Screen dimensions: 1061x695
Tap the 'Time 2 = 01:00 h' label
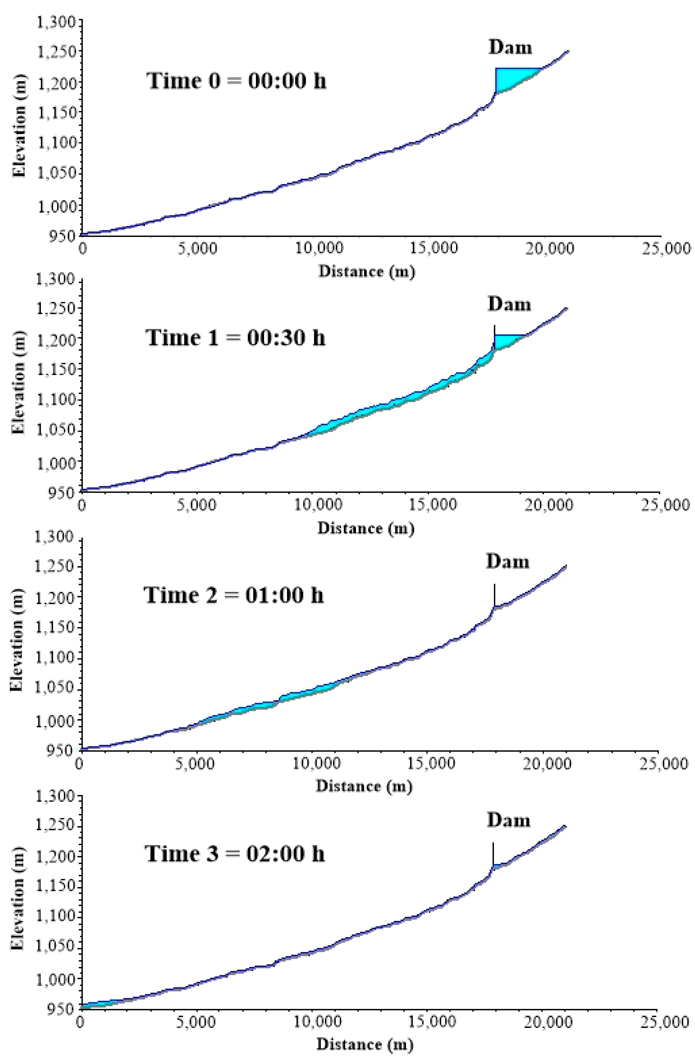coord(234,595)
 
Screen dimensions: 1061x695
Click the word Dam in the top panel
coord(510,47)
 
